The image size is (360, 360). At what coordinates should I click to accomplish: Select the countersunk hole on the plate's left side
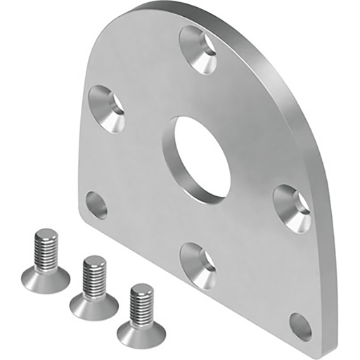coord(108,108)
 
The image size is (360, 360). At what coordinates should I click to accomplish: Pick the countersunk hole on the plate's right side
coord(292,207)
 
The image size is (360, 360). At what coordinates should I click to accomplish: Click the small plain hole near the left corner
coord(97,205)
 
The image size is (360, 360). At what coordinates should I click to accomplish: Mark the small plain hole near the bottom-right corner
coord(300,327)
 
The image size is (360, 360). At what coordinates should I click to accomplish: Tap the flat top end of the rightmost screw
coord(142,288)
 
